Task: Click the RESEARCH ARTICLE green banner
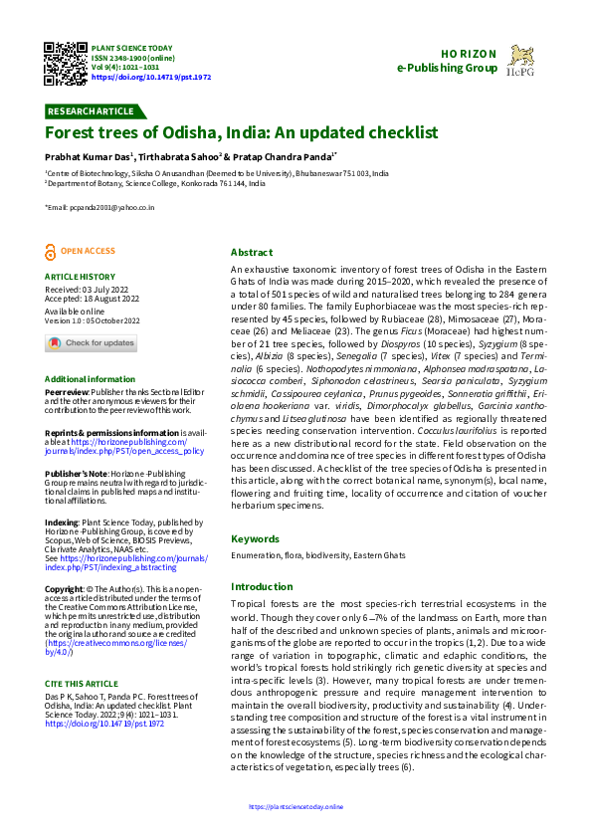[91, 110]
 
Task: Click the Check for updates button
[92, 343]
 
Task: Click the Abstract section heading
[252, 253]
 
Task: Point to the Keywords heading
[255, 538]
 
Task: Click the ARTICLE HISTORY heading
[80, 277]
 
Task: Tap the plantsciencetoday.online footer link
[296, 806]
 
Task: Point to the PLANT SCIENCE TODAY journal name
[131, 48]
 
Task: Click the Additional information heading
[91, 379]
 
